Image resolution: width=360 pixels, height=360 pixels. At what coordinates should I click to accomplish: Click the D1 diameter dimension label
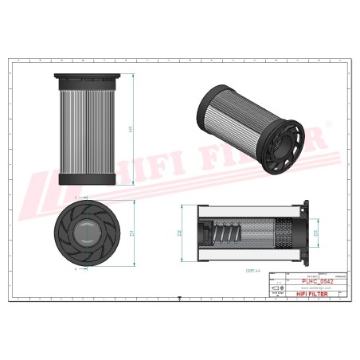[x=130, y=233]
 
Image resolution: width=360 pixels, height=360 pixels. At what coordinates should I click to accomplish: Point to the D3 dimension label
[x=316, y=233]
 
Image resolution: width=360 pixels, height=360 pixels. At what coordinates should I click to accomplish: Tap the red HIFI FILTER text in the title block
[x=311, y=294]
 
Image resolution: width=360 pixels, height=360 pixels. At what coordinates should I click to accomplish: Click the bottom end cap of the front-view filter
[x=87, y=178]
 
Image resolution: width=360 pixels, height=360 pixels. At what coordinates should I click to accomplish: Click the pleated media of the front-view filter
[x=87, y=127]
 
